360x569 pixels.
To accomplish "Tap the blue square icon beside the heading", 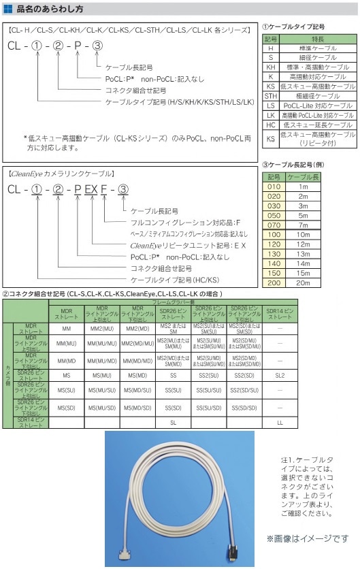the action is tap(8, 10).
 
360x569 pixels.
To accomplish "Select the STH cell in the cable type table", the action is tap(270, 97).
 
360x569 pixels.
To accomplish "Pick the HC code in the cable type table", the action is tap(270, 125).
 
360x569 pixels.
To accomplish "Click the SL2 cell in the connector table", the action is tap(280, 375).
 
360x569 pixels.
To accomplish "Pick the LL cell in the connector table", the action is tap(280, 423).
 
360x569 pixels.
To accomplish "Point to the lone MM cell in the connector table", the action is tap(67, 329).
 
